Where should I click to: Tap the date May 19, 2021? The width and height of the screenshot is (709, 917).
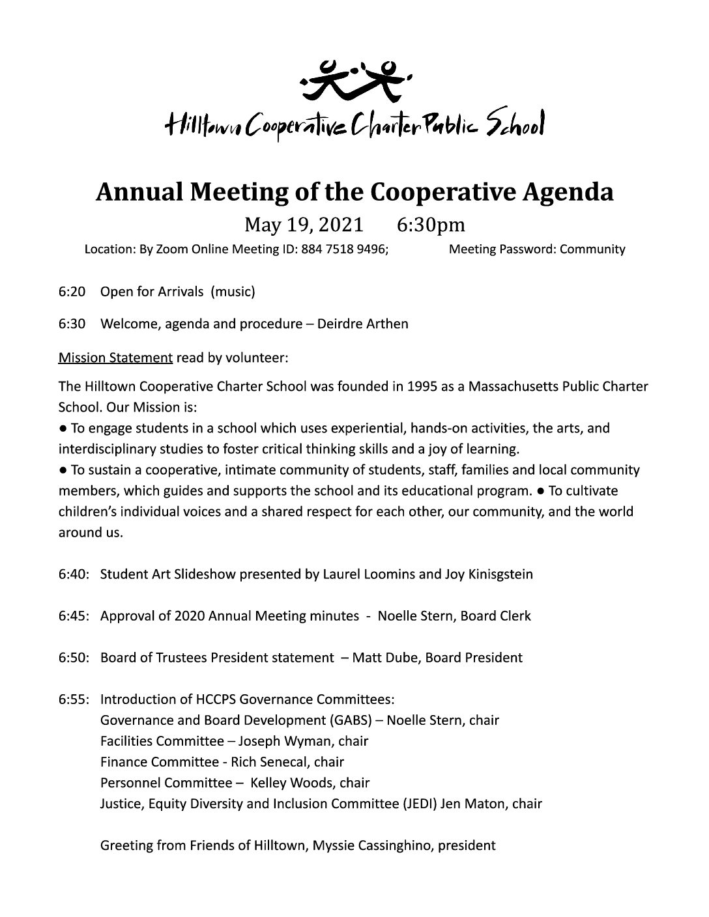pyautogui.click(x=303, y=225)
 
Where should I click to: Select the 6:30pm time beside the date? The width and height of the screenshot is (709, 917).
pyautogui.click(x=431, y=225)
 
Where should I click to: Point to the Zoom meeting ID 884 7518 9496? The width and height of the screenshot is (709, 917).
pyautogui.click(x=343, y=249)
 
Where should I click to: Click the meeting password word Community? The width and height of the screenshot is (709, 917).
pyautogui.click(x=592, y=249)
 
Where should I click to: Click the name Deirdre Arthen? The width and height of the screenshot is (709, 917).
pyautogui.click(x=362, y=324)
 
